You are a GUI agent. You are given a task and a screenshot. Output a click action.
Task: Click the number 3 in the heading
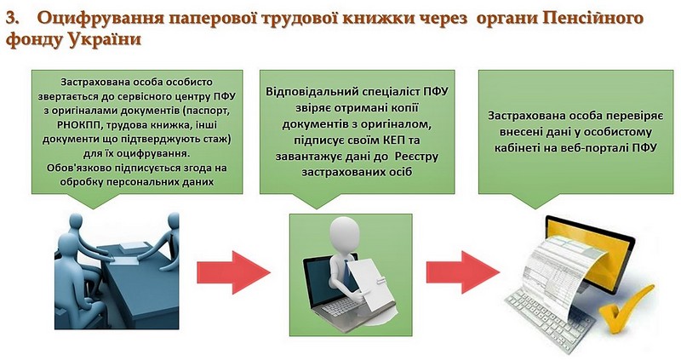12,18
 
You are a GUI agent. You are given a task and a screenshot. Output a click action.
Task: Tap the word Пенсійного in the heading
592,18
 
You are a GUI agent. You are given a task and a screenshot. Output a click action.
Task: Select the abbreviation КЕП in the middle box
394,140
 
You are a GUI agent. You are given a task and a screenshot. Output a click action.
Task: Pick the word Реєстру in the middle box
416,157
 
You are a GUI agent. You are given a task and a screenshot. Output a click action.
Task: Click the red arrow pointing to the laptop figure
233,272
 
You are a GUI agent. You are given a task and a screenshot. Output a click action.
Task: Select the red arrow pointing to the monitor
462,272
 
